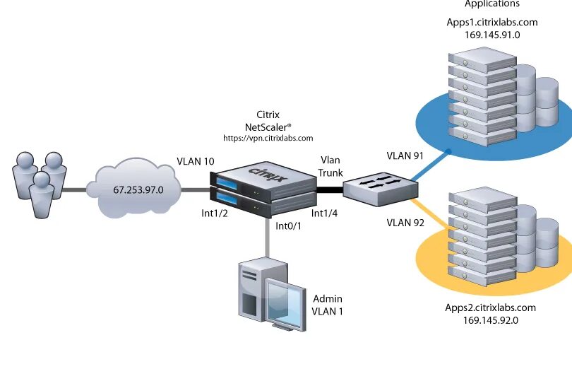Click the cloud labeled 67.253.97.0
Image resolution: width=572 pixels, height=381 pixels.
138,189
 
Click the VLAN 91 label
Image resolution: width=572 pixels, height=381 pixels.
405,156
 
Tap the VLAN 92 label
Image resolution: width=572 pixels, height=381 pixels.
405,223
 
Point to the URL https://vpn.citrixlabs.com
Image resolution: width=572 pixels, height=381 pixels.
268,139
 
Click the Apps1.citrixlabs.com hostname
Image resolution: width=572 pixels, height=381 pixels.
492,22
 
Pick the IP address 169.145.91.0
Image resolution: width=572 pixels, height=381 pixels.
492,34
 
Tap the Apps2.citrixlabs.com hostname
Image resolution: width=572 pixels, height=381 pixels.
491,307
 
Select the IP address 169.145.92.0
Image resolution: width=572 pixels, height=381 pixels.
491,320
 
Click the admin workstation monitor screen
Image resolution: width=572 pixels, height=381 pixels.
285,302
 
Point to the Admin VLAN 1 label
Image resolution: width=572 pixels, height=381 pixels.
327,305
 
